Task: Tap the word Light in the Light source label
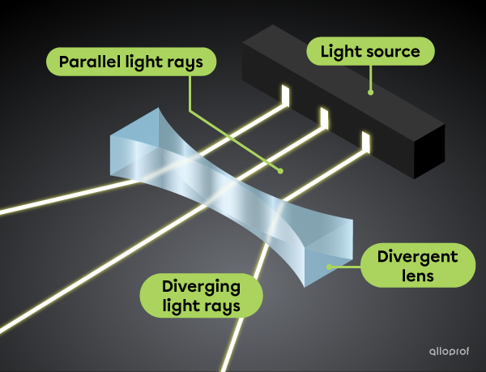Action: point(339,53)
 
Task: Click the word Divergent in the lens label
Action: point(417,258)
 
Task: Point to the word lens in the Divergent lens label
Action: point(417,276)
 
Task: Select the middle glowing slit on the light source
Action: point(325,118)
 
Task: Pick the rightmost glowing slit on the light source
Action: point(365,143)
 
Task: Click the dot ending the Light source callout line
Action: point(370,92)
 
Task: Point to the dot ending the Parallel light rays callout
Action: point(280,171)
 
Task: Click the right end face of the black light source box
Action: point(428,150)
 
